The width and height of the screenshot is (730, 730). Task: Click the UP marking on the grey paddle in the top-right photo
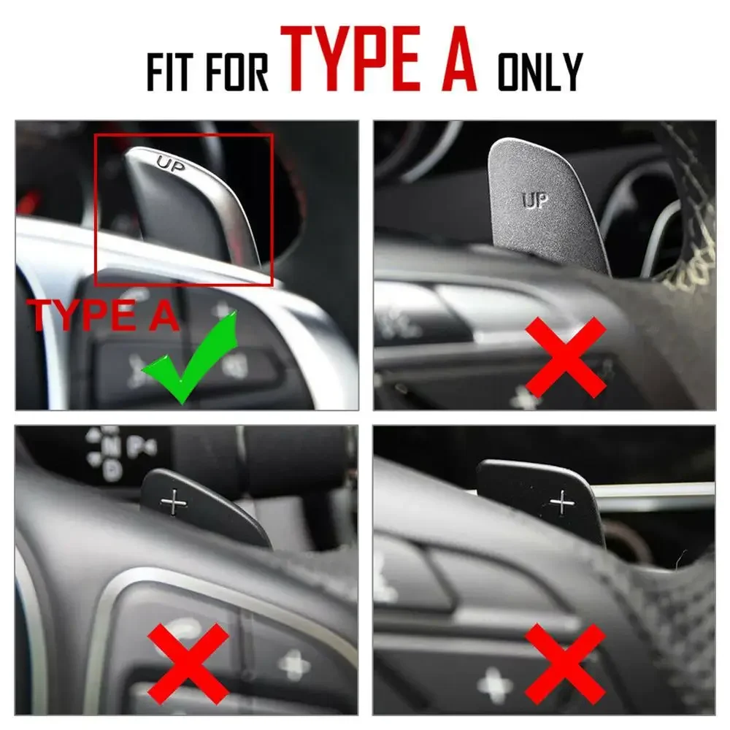tap(535, 201)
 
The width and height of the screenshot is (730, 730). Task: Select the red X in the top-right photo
tap(566, 357)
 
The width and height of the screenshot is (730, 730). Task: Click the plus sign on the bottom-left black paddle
tap(174, 502)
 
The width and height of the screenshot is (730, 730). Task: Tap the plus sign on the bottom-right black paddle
tap(562, 502)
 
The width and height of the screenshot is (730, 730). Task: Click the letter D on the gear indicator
tap(112, 470)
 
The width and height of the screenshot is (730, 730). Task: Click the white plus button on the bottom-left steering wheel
tap(293, 664)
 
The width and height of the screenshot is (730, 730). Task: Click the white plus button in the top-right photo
tap(524, 398)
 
